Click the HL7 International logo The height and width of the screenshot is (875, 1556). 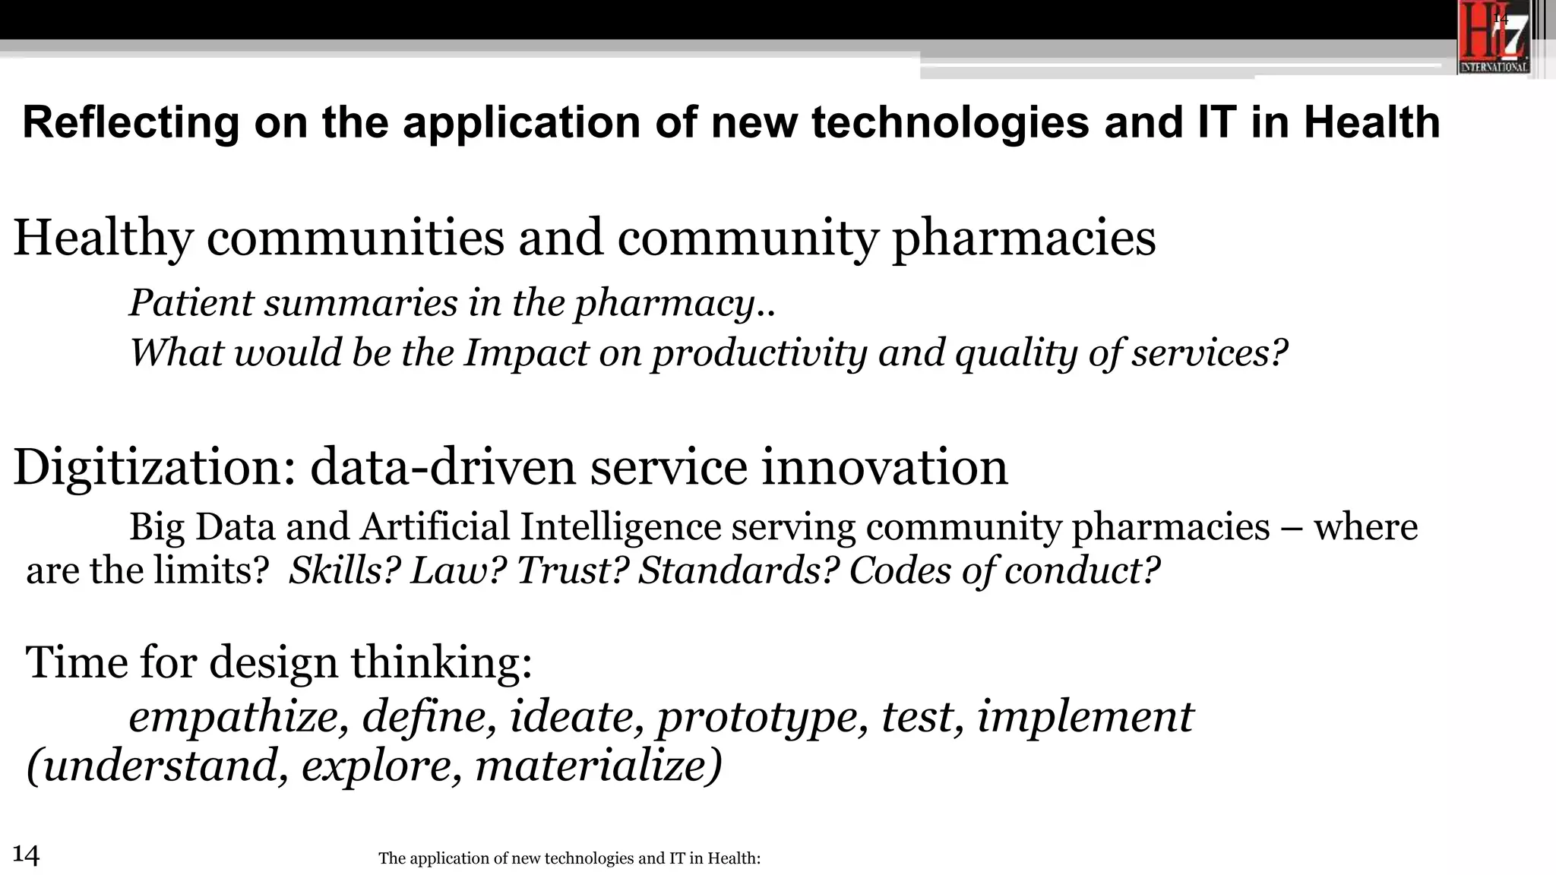tap(1494, 38)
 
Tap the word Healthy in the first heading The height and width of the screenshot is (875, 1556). tap(103, 238)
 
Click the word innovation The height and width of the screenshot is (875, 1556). tap(884, 467)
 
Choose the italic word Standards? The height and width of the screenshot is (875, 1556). tap(738, 570)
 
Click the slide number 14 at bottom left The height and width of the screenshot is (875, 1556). tap(26, 854)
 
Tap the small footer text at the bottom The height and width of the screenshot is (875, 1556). tap(569, 858)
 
